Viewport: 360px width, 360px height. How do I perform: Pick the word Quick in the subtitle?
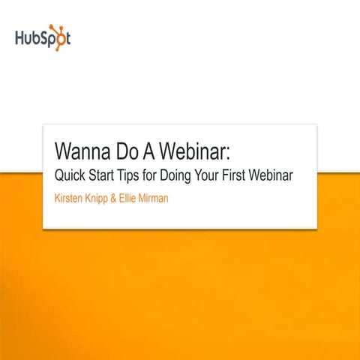(71, 177)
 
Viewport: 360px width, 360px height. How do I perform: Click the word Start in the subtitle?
(108, 177)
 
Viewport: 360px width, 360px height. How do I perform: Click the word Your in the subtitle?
(225, 177)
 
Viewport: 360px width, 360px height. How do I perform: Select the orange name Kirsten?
(72, 200)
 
